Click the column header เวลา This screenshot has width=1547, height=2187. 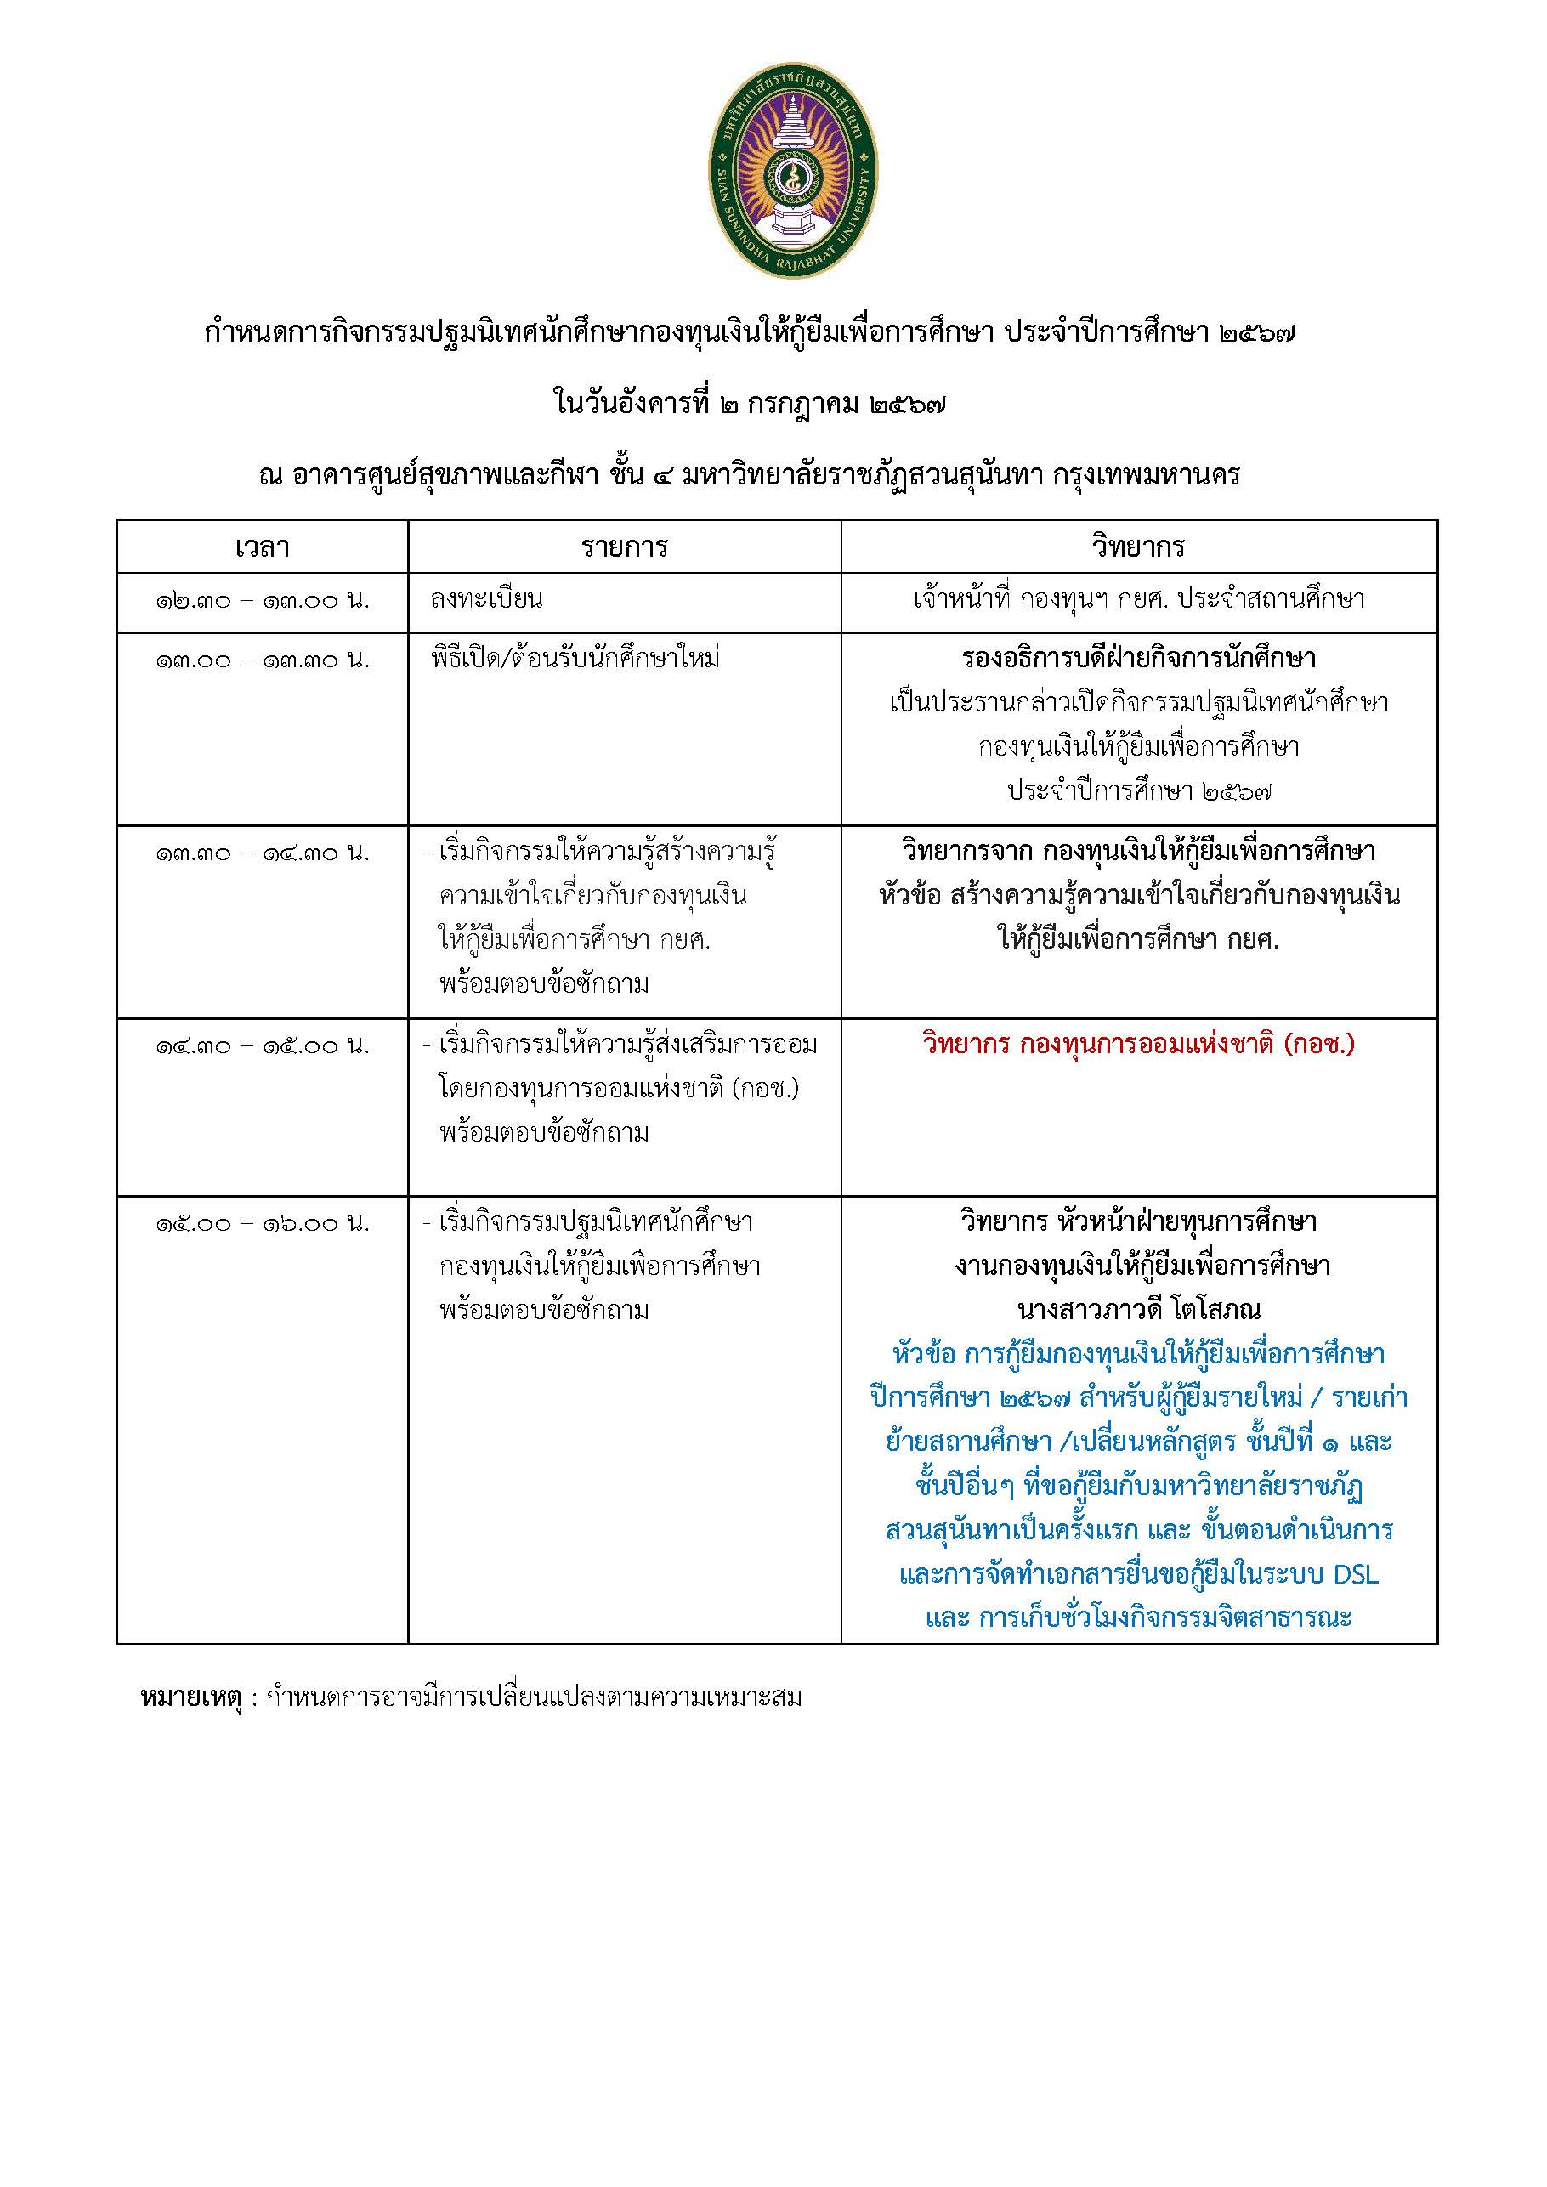click(262, 547)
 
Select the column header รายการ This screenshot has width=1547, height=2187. click(624, 547)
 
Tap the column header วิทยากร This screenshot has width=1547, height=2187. click(1138, 547)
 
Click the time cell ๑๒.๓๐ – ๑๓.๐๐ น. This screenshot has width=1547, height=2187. click(262, 601)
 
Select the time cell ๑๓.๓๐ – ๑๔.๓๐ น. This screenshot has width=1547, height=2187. click(262, 853)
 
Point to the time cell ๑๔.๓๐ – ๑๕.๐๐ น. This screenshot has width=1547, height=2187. click(262, 1045)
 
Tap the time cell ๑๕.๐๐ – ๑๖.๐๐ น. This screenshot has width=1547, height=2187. click(262, 1223)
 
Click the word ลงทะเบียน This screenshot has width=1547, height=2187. click(487, 600)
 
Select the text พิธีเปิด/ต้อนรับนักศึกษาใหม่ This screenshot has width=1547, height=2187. click(575, 659)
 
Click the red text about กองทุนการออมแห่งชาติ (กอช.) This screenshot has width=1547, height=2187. click(1138, 1045)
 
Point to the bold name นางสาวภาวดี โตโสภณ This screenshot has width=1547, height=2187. click(1138, 1310)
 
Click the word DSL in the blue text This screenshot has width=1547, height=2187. click(1355, 1574)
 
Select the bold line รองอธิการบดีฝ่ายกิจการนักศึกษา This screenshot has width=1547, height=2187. click(1138, 658)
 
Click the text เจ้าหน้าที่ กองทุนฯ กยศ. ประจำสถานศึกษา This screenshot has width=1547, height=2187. click(1138, 600)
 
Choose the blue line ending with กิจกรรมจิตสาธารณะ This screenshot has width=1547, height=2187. click(1138, 1618)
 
